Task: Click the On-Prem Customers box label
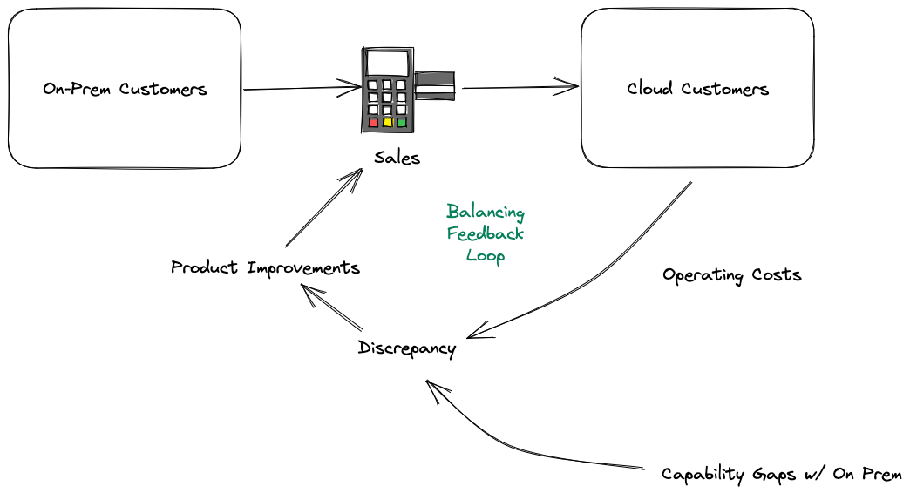tap(125, 89)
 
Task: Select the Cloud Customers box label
tap(697, 89)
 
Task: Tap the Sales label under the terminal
tap(397, 158)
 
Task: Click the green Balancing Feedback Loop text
tap(486, 233)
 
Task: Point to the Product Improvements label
tap(265, 267)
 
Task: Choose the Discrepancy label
tap(406, 348)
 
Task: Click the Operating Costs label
tap(731, 275)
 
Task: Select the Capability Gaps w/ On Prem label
tap(781, 475)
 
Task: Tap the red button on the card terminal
tap(373, 123)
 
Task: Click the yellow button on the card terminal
tap(387, 123)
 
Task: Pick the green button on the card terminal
tap(402, 123)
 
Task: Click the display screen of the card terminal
tap(387, 63)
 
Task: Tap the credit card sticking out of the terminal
tap(437, 84)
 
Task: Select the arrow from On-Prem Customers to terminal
tap(301, 88)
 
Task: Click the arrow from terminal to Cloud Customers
tap(520, 87)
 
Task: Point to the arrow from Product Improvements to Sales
tap(323, 208)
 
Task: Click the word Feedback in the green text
tap(486, 233)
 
